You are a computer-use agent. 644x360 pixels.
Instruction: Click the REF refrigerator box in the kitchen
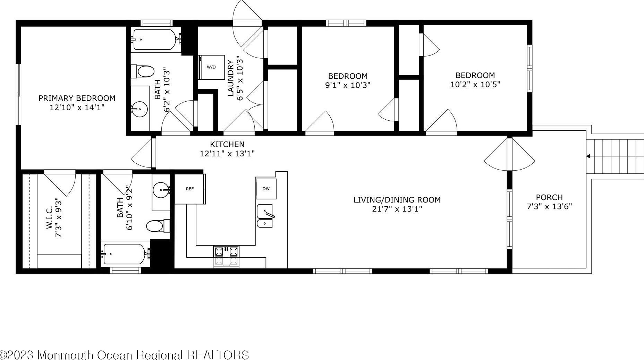(189, 189)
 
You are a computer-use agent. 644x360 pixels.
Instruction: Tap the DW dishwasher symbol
(266, 189)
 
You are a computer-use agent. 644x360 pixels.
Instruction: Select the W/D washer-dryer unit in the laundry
(211, 67)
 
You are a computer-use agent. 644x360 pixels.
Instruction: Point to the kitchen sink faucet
(269, 213)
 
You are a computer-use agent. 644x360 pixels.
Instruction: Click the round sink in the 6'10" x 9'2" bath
(161, 191)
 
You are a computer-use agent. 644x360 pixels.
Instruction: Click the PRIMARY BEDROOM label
(77, 98)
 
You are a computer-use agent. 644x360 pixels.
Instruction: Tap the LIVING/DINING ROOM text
(397, 200)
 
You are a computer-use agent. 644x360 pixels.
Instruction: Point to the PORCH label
(549, 197)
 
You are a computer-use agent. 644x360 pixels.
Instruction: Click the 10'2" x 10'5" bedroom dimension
(475, 84)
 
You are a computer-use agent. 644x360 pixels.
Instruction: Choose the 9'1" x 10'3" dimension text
(348, 85)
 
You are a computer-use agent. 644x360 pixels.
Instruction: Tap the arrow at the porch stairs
(588, 156)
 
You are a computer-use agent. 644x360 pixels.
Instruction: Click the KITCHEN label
(227, 144)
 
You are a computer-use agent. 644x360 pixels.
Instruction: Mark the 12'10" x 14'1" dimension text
(77, 108)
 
